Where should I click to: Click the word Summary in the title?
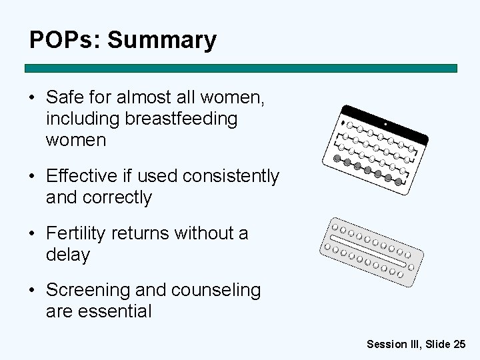pos(162,40)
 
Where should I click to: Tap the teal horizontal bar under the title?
pos(241,68)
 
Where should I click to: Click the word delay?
pos(67,255)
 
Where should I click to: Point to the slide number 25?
pos(459,344)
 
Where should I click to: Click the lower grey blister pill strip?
pos(371,251)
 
